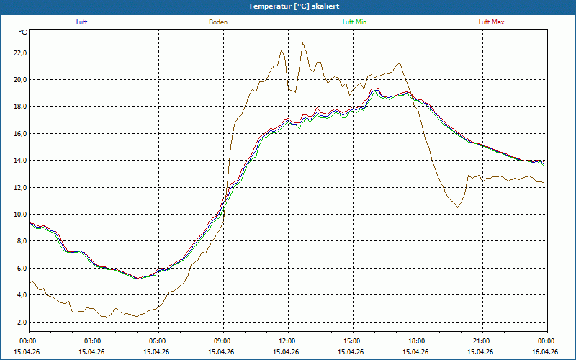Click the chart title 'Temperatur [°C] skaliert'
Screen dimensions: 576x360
[294, 6]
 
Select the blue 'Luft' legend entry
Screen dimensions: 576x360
[81, 22]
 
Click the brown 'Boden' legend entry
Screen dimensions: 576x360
[218, 22]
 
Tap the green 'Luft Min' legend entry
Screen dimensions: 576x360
[354, 22]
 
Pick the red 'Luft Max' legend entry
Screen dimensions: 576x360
[491, 22]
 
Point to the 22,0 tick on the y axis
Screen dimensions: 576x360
[20, 53]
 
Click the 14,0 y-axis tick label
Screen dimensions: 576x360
[20, 161]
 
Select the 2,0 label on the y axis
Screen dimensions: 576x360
[22, 322]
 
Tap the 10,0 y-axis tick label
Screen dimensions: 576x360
[20, 214]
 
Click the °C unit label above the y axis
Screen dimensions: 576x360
[23, 32]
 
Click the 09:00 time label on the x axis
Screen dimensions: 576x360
[224, 341]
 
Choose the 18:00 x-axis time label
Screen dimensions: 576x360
[418, 341]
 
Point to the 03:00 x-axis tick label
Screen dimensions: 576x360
[94, 341]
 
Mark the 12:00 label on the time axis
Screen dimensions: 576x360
[289, 341]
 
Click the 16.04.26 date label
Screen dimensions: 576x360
[545, 351]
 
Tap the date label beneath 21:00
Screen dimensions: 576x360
[480, 351]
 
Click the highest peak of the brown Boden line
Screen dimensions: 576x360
[302, 43]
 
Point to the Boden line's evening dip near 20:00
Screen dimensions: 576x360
[457, 207]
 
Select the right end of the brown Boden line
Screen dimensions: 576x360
[544, 183]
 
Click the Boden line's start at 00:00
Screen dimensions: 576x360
[30, 282]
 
